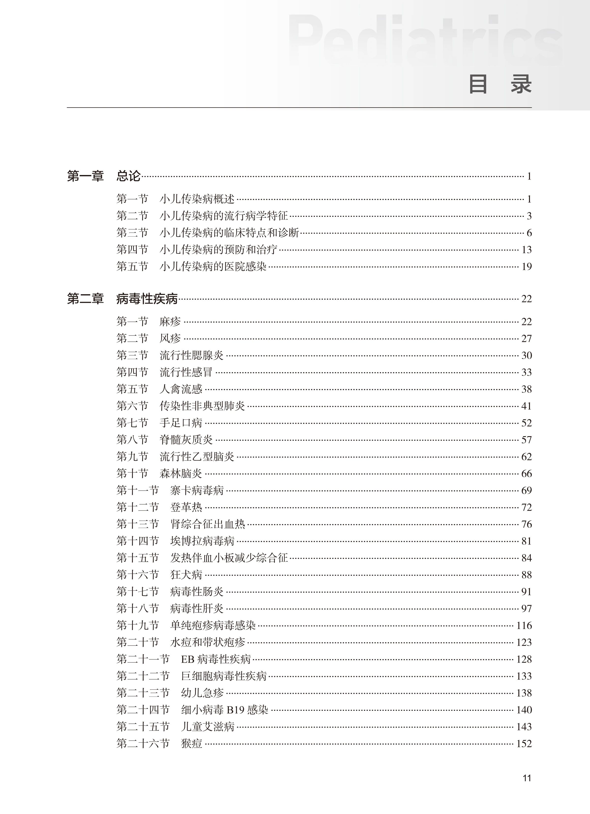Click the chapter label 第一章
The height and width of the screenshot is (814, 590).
[x=85, y=176]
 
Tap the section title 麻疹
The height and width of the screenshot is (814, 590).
[x=170, y=321]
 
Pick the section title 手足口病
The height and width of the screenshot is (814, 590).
[x=181, y=423]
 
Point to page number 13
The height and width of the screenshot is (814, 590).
[x=526, y=250]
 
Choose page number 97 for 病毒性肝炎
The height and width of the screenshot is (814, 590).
[x=526, y=609]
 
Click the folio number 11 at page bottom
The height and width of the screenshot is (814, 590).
[x=527, y=785]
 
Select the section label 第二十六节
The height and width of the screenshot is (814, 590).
[x=143, y=744]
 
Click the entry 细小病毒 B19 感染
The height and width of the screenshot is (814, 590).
[x=225, y=710]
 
